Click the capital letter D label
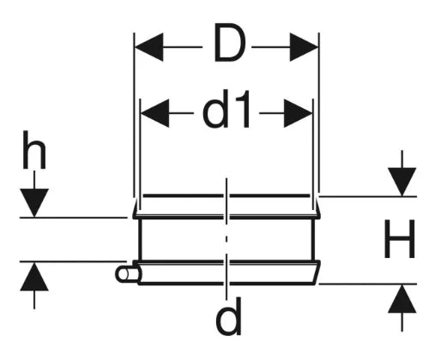229,44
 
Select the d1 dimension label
227,109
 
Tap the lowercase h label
34,150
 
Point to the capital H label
399,239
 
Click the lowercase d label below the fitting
228,316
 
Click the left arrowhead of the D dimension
149,47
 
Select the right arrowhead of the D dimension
304,47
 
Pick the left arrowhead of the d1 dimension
155,113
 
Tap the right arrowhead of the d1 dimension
298,113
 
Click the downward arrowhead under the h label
34,203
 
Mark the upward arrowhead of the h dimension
34,277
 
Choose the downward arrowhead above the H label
402,182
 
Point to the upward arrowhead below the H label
402,298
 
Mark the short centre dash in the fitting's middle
227,239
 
